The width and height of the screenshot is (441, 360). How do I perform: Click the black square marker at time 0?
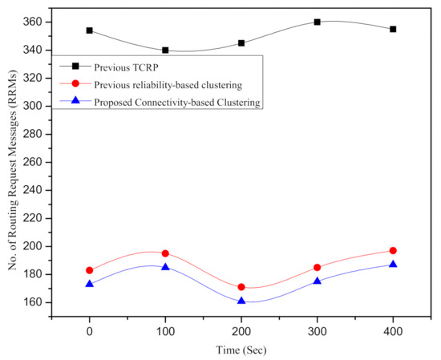[x=90, y=30]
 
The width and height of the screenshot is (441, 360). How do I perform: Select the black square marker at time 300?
[x=318, y=22]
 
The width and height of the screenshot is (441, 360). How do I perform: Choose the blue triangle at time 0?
[x=90, y=284]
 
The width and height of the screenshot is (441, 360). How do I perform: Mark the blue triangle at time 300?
[x=318, y=281]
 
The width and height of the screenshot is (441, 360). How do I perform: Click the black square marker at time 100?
[x=165, y=50]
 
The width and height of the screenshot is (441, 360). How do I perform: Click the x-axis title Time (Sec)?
[x=241, y=350]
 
